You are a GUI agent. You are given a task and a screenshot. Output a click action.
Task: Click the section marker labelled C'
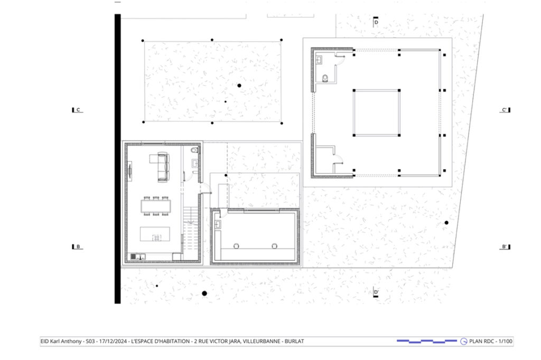click(506, 110)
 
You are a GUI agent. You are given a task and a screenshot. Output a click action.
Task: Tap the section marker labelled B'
click(506, 247)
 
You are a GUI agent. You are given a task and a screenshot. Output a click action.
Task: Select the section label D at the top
click(376, 22)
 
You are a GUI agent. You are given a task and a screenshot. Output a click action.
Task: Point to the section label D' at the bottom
click(376, 292)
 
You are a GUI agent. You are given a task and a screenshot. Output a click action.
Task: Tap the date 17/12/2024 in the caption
click(113, 342)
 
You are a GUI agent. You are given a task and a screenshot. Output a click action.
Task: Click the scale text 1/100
click(506, 342)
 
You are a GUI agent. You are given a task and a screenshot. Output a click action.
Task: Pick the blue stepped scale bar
click(427, 342)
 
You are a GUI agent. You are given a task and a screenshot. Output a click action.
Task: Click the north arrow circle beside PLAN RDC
click(464, 342)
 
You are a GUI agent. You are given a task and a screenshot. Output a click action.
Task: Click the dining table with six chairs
click(156, 206)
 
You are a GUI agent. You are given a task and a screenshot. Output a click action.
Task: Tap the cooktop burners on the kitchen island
click(156, 237)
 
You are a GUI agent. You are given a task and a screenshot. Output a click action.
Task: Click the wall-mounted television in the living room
click(130, 170)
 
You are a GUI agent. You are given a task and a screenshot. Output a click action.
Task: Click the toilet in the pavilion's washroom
click(325, 79)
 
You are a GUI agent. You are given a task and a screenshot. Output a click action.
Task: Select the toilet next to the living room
click(195, 150)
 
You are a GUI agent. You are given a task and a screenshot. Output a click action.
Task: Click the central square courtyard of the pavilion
click(376, 113)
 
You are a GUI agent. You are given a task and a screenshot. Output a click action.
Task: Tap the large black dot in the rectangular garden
click(239, 86)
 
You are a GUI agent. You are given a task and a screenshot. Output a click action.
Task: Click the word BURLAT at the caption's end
click(294, 342)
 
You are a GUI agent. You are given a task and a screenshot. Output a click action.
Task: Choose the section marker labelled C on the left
click(77, 110)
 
